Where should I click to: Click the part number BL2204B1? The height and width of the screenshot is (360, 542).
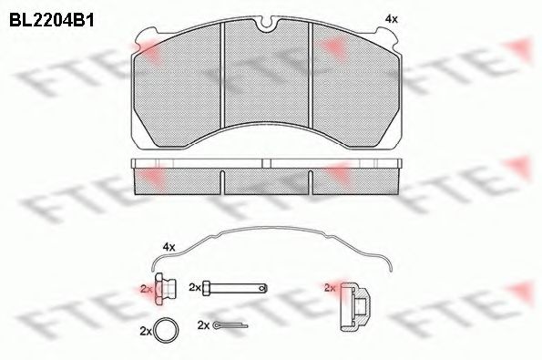[x=52, y=20]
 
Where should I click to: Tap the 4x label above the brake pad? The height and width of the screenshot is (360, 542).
[x=392, y=19]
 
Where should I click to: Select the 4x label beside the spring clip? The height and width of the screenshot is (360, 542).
[x=169, y=247]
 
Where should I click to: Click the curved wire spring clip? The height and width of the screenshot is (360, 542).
[x=272, y=228]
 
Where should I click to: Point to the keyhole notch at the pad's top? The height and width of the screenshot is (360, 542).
[x=266, y=24]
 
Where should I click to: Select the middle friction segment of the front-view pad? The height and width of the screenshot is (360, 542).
[x=266, y=76]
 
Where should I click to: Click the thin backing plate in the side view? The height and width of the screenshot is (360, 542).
[x=267, y=163]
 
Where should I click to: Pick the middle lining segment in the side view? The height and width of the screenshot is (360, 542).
[x=267, y=181]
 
